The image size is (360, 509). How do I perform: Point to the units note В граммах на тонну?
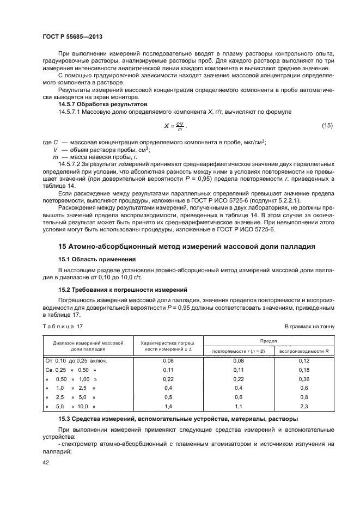click(310, 326)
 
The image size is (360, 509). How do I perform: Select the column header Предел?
click(269, 340)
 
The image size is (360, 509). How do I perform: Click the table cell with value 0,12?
click(304, 361)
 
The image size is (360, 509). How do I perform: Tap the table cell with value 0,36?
click(304, 379)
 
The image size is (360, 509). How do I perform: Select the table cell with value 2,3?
click(304, 406)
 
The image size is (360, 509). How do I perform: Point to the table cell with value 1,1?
click(238, 406)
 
